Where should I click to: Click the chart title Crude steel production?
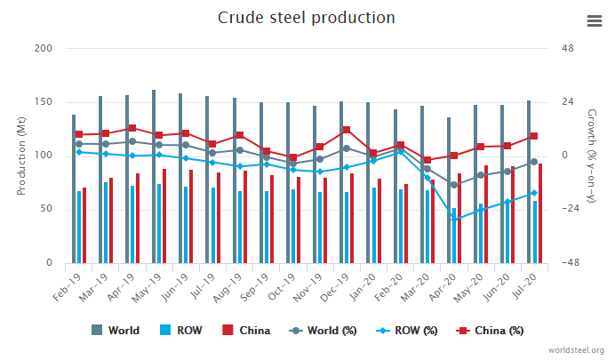click(307, 18)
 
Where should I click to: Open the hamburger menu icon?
click(595, 21)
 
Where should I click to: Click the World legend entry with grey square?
click(116, 331)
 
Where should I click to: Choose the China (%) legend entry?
click(491, 331)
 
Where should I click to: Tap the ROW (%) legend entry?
click(410, 331)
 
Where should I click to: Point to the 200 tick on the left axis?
click(42, 48)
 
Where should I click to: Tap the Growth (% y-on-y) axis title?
click(593, 156)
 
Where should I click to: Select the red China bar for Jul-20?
click(539, 214)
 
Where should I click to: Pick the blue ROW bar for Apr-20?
click(454, 236)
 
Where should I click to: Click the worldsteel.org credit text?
click(577, 351)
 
